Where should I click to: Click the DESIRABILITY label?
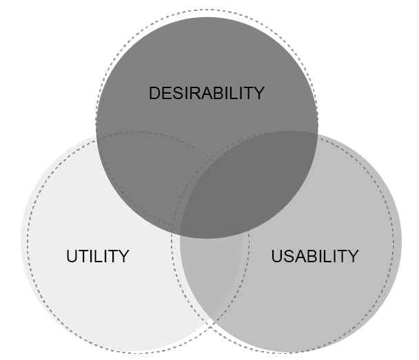tap(207, 93)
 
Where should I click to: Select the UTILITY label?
tap(98, 256)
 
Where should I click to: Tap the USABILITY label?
tap(315, 256)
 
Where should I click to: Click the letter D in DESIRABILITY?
tap(154, 93)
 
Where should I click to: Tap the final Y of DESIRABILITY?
tap(258, 93)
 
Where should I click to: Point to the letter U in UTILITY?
tap(72, 256)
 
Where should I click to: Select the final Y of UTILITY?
tap(123, 256)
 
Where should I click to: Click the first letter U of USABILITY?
tap(277, 256)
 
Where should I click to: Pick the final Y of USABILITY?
tap(353, 256)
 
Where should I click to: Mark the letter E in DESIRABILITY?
tap(167, 93)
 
